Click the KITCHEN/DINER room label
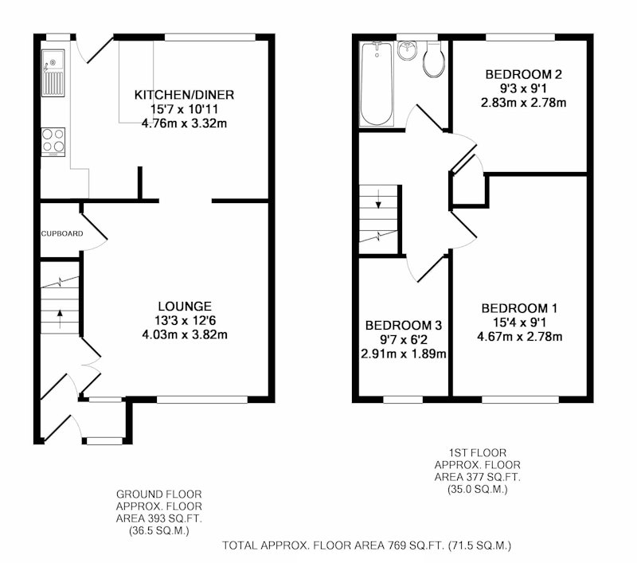pos(184,95)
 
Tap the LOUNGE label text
pos(185,307)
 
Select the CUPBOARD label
pos(62,233)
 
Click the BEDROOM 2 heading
pos(524,74)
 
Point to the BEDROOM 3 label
pos(404,326)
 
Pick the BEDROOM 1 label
pos(520,308)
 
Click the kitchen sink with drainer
pos(53,73)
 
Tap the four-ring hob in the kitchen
pos(53,143)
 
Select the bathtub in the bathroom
pos(377,84)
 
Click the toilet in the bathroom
pos(433,59)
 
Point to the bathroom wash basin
pos(407,50)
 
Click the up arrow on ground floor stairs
pos(61,319)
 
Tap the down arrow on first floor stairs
pos(379,198)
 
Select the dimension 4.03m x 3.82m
pos(185,334)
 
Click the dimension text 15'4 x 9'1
pos(520,323)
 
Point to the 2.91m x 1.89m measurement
pos(404,354)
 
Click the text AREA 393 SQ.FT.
pos(158,518)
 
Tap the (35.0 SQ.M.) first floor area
pos(477,490)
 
